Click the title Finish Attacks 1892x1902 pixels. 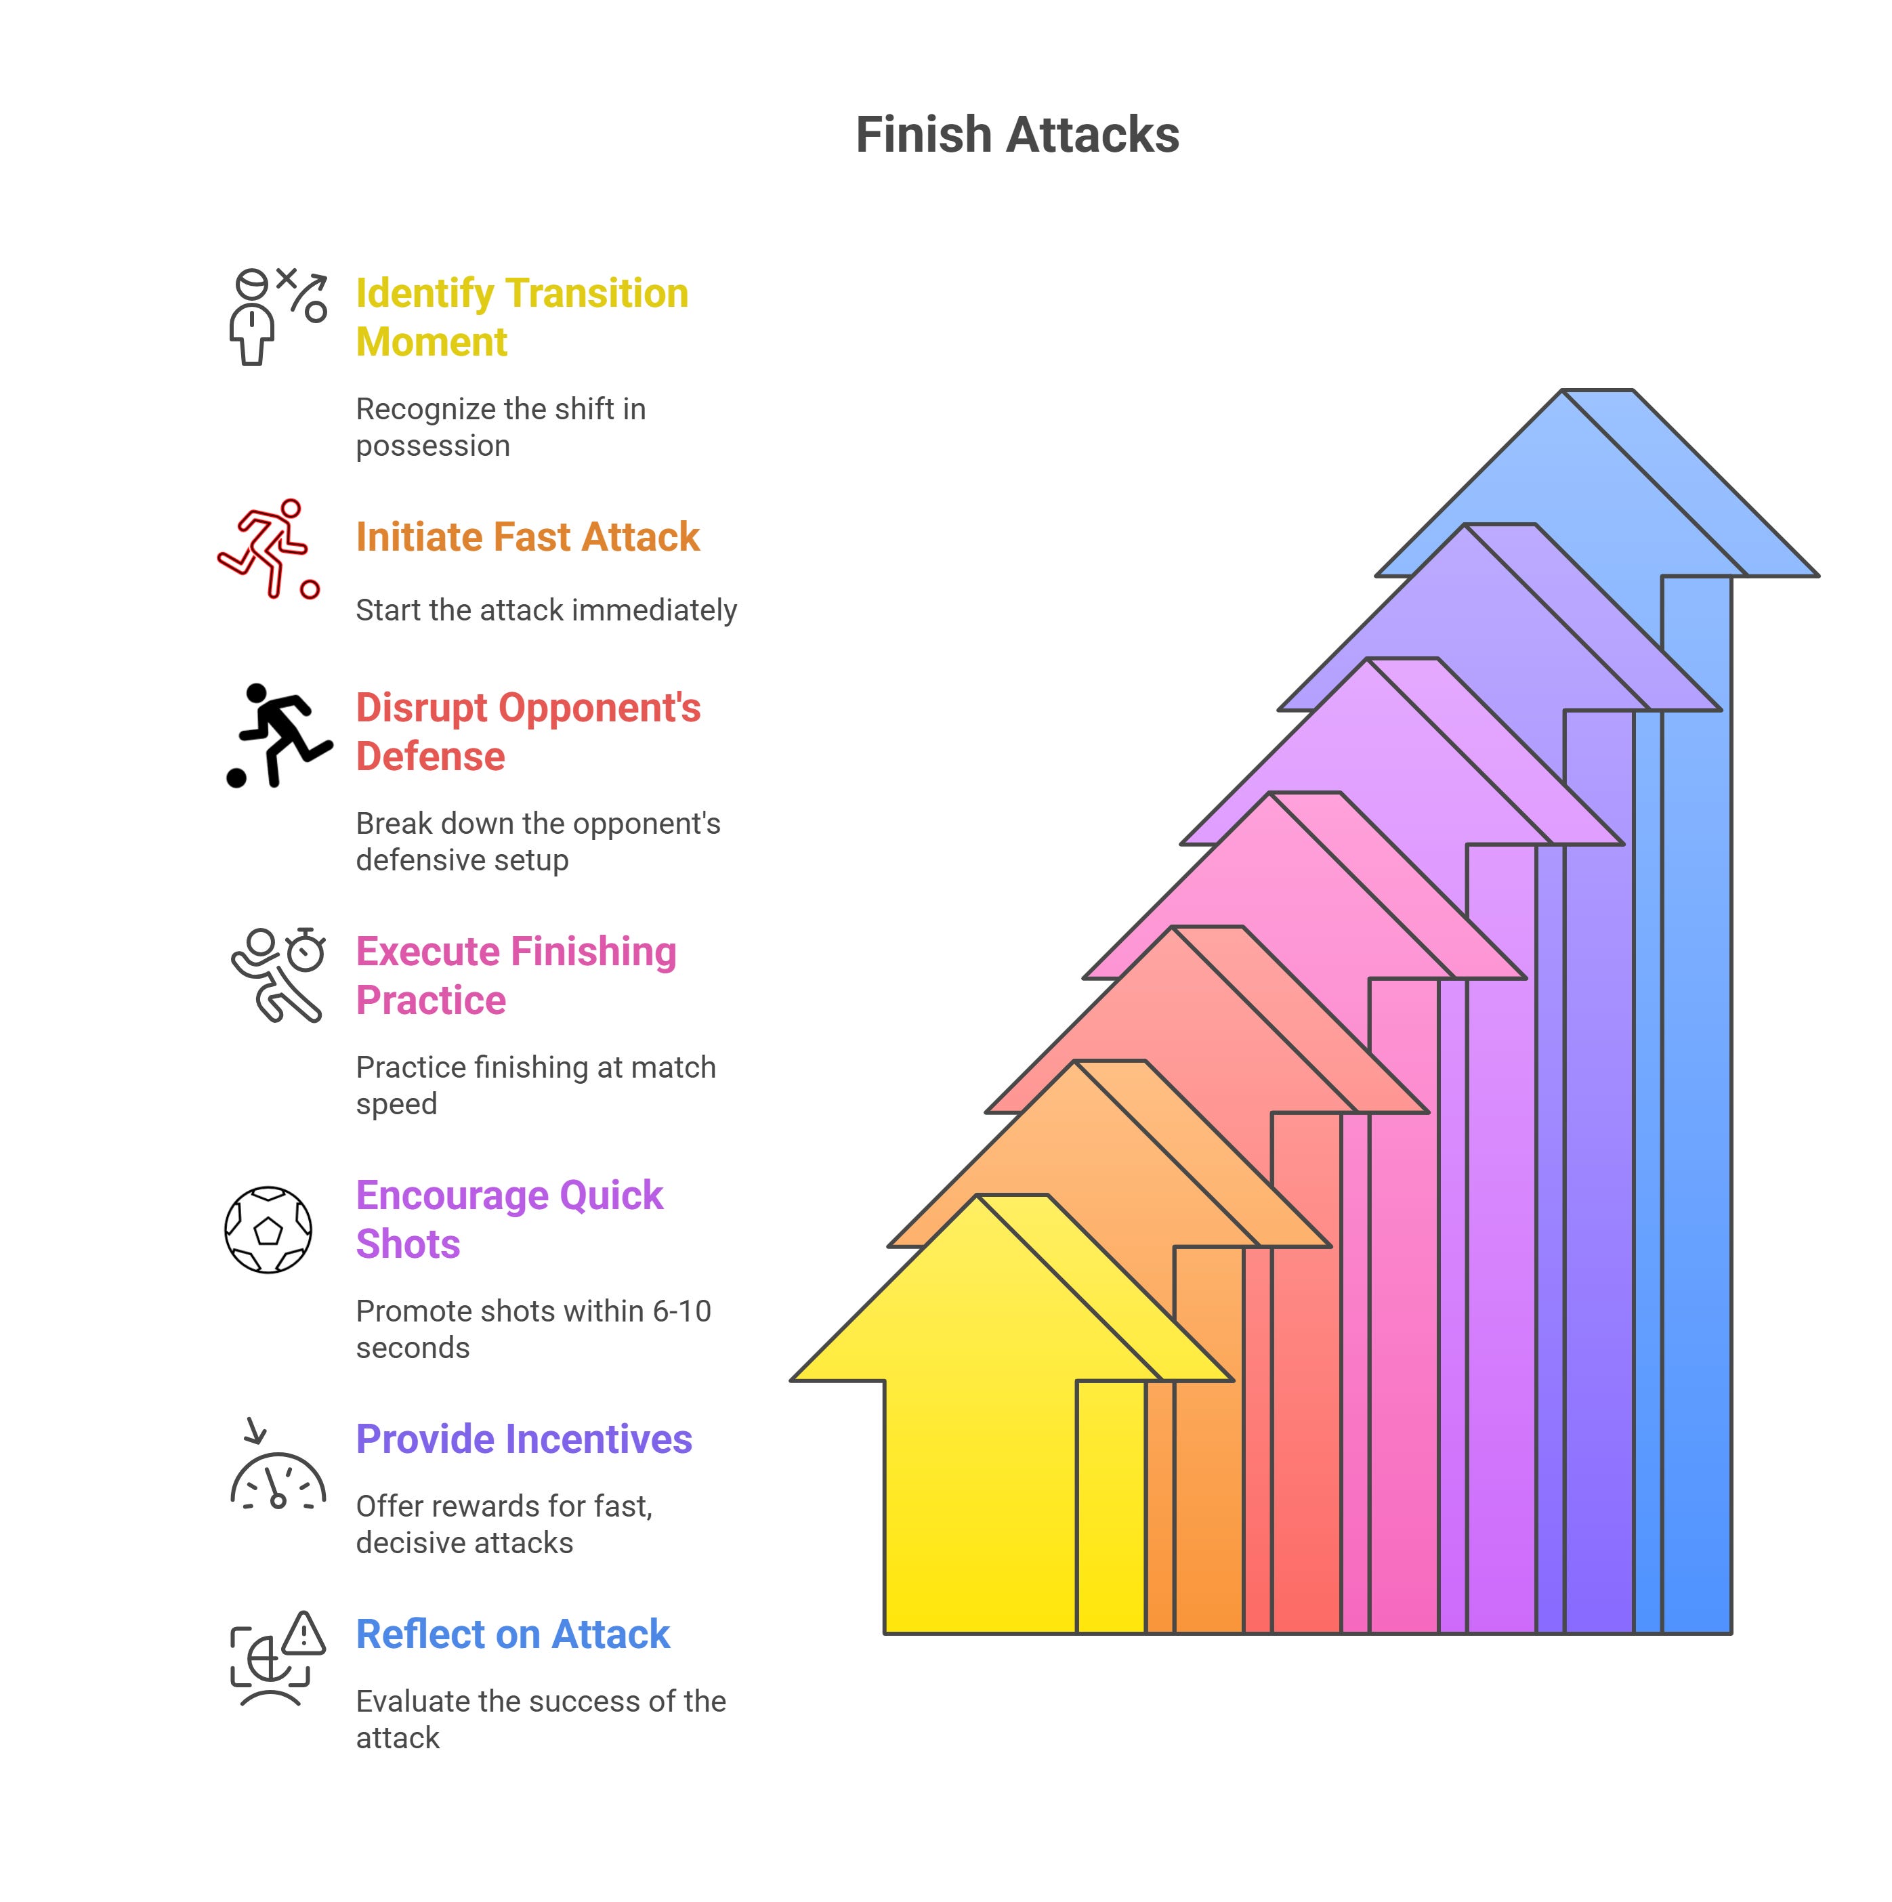1017,135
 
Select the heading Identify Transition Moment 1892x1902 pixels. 521,317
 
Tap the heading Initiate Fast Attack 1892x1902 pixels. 526,538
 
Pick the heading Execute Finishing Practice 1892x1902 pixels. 515,975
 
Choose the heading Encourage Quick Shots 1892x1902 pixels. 508,1220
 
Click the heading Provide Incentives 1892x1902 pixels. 524,1439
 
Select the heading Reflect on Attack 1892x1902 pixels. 512,1634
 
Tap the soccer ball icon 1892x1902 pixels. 268,1229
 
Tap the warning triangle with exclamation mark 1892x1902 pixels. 304,1635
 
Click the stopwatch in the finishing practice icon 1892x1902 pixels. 306,950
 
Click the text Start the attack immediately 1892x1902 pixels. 545,610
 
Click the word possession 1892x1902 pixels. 432,446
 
